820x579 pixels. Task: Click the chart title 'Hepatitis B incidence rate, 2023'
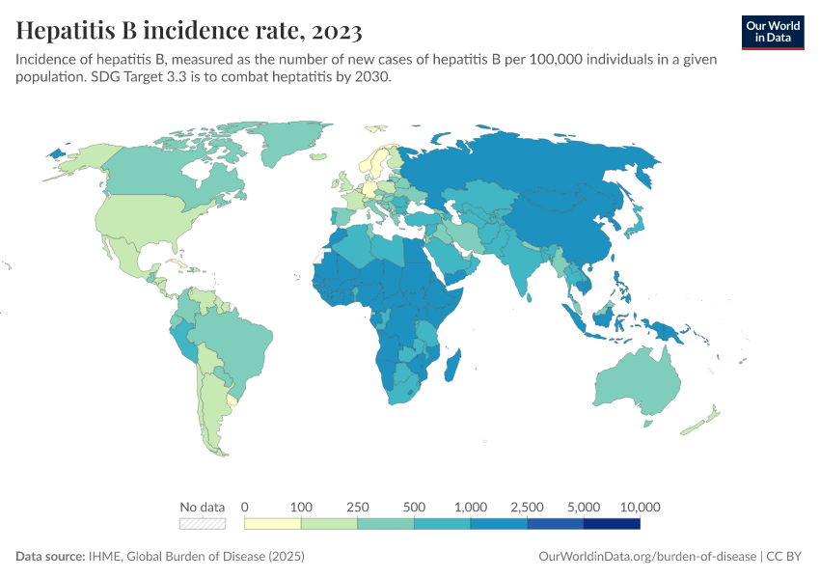189,32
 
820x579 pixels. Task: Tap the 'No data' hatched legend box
203,524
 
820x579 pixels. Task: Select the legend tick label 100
301,507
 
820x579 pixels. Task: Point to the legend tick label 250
358,507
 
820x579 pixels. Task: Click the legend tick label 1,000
471,507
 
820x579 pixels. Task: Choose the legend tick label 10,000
640,507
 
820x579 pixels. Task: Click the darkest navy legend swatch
612,524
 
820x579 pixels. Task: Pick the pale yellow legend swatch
273,524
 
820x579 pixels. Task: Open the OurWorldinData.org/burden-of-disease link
645,557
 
